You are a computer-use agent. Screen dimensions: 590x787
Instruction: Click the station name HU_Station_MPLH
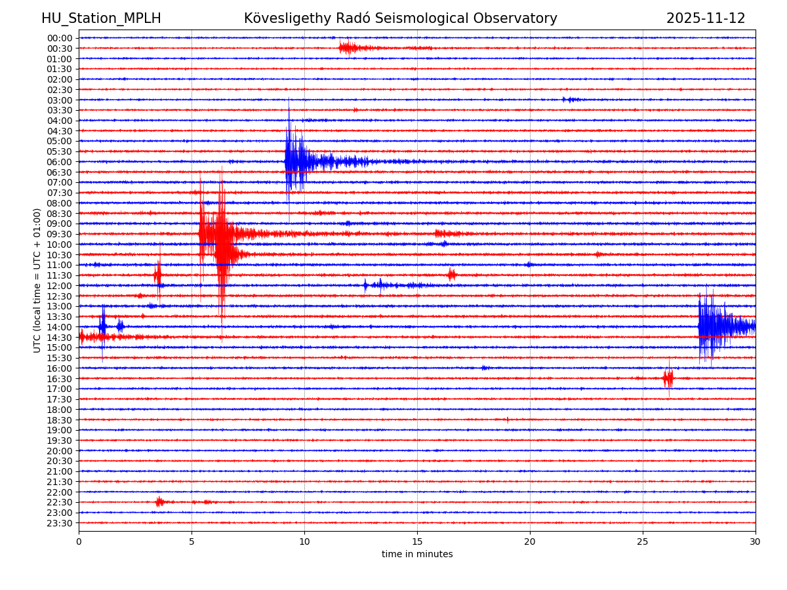[x=101, y=18]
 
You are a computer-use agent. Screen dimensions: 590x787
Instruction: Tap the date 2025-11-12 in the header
[x=706, y=18]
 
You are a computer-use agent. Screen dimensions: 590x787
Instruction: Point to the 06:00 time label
[x=59, y=162]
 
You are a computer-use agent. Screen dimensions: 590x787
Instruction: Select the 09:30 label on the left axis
[x=59, y=234]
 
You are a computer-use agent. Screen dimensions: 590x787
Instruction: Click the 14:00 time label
[x=59, y=327]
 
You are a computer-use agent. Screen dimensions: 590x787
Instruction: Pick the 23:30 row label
[x=59, y=523]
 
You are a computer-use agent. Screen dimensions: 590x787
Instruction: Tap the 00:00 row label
[x=59, y=38]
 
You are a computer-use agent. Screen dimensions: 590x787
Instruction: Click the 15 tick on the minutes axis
[x=417, y=542]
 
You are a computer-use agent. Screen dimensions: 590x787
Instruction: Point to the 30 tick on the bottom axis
[x=756, y=542]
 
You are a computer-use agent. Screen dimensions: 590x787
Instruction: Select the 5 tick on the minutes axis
[x=192, y=542]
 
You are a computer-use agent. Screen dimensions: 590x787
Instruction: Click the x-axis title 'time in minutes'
[x=417, y=555]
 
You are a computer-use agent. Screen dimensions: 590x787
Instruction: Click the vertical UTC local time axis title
[x=37, y=280]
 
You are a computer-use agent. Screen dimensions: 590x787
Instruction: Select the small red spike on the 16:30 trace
[x=668, y=378]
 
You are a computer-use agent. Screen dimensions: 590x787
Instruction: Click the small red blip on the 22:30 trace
[x=159, y=502]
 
